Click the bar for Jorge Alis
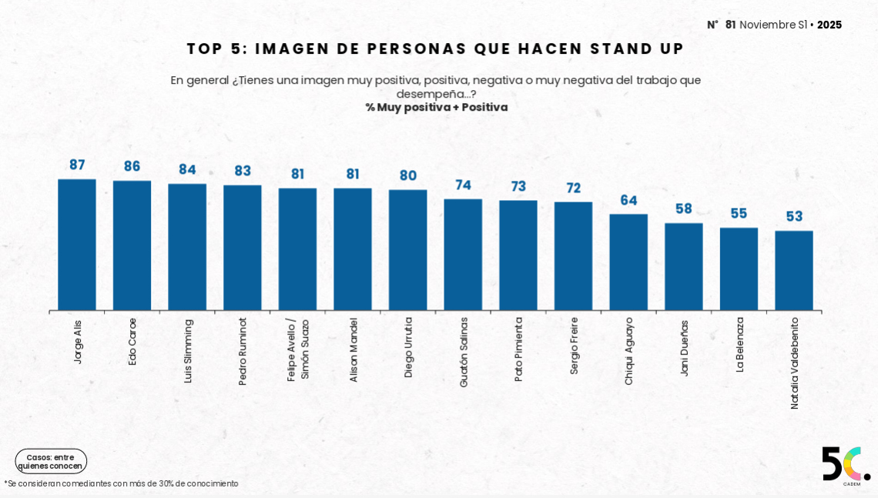click(x=77, y=245)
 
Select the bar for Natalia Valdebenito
click(x=794, y=271)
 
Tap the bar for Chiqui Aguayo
click(x=628, y=262)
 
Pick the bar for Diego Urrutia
click(x=407, y=250)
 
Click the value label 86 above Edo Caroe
click(x=132, y=166)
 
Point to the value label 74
click(x=463, y=185)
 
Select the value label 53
click(x=794, y=216)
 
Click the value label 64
click(x=628, y=200)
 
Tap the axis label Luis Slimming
click(x=188, y=351)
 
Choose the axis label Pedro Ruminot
click(x=243, y=351)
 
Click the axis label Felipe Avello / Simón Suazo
click(x=297, y=349)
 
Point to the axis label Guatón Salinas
click(x=463, y=352)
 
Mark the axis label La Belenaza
click(x=739, y=344)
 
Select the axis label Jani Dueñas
click(x=684, y=347)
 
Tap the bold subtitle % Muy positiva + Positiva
click(x=436, y=107)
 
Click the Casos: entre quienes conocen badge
click(x=51, y=461)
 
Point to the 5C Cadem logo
click(x=845, y=465)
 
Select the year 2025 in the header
click(x=829, y=25)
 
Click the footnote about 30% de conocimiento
click(x=122, y=483)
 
